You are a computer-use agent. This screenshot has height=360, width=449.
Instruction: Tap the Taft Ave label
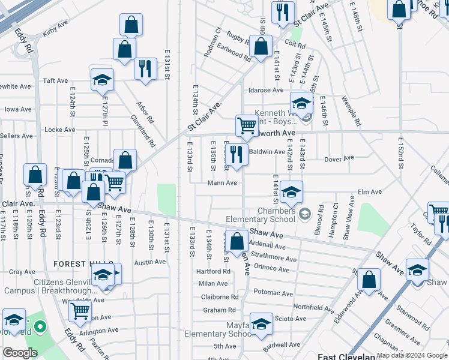(55, 80)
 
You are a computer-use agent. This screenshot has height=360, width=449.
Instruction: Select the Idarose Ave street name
(266, 90)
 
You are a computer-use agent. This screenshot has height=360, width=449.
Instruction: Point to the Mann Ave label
(223, 183)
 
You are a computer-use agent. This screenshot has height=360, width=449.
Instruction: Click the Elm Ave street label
(370, 192)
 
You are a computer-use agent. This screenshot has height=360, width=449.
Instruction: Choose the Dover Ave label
(339, 159)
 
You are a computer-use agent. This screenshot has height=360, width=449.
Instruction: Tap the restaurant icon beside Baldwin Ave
(237, 154)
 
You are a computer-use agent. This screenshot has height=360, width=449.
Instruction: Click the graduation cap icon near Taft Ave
(103, 79)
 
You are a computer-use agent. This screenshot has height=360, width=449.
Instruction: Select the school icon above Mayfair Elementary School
(261, 325)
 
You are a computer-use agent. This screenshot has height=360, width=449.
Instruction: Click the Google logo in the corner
(20, 353)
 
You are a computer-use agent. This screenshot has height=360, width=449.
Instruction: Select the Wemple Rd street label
(351, 110)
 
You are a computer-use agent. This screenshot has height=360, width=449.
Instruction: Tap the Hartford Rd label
(214, 271)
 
